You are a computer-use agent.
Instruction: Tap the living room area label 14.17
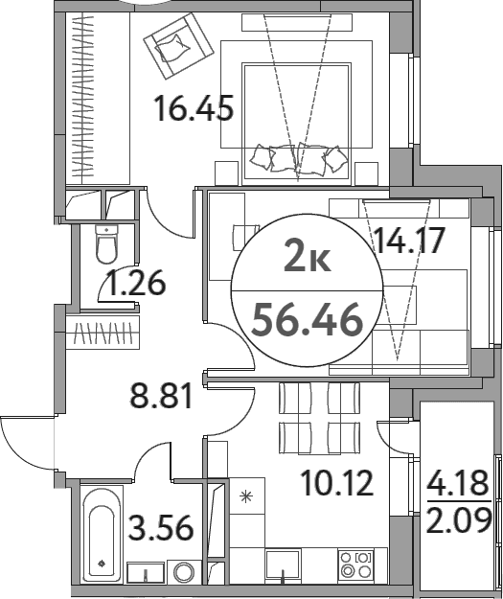[x=410, y=241]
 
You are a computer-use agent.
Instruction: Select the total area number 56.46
[x=308, y=320]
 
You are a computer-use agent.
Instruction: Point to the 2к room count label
[x=308, y=259]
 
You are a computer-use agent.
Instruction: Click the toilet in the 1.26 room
[x=107, y=243]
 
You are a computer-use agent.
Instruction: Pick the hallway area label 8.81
[x=161, y=395]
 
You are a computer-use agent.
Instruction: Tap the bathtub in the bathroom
[x=102, y=534]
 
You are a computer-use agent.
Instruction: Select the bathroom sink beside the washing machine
[x=146, y=572]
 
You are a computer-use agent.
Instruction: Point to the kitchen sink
[x=283, y=566]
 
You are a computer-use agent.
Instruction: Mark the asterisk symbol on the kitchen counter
[x=246, y=496]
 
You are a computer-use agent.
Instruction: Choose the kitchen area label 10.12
[x=337, y=483]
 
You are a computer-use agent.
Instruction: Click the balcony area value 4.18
[x=458, y=483]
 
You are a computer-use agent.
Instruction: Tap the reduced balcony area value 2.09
[x=458, y=519]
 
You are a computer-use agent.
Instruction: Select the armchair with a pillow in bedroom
[x=178, y=46]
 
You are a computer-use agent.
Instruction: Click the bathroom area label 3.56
[x=161, y=527]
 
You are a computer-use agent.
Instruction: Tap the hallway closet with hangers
[x=103, y=332]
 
